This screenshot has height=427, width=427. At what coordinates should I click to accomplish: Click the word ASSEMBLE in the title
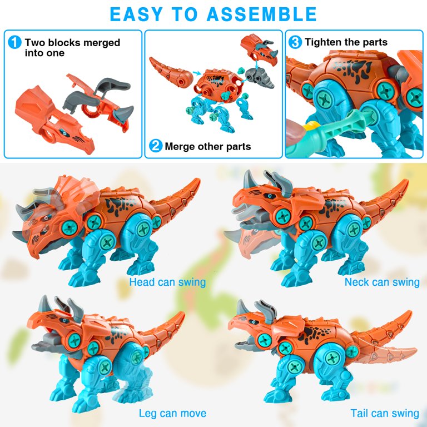[261, 14]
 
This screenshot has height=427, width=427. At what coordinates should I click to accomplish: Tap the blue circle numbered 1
[14, 42]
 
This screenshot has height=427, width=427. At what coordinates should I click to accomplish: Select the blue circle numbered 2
[156, 146]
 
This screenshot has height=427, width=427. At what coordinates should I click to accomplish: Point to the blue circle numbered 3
[295, 42]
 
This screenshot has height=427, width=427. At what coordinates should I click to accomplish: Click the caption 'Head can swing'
[167, 282]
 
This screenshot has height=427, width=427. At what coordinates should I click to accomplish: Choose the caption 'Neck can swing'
[382, 282]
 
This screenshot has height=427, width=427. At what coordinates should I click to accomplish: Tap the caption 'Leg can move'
[172, 413]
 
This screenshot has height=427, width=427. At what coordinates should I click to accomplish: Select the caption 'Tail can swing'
[385, 413]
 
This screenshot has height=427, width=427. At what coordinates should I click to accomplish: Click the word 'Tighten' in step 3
[322, 42]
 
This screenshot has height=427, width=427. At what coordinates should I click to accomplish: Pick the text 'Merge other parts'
[208, 147]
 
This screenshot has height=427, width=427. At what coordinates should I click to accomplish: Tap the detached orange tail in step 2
[171, 72]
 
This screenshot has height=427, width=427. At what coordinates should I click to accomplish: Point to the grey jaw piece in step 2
[260, 77]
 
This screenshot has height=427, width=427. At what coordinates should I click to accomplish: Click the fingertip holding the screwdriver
[294, 133]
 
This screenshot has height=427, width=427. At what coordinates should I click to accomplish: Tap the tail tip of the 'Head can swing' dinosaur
[198, 180]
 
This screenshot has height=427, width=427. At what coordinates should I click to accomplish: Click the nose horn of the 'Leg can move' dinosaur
[44, 304]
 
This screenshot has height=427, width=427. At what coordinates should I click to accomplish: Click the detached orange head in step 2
[259, 48]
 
